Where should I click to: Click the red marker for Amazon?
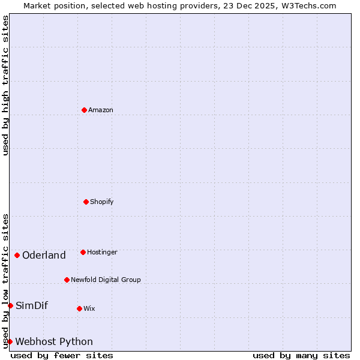click(x=84, y=110)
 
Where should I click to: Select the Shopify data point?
click(x=86, y=202)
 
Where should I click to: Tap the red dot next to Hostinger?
click(x=83, y=252)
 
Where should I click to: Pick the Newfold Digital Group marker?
click(x=67, y=280)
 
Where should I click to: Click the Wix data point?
click(x=79, y=308)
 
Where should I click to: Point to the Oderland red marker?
click(x=17, y=255)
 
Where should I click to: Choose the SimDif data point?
click(x=10, y=305)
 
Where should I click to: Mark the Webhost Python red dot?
click(x=10, y=341)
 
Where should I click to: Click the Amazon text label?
click(x=101, y=110)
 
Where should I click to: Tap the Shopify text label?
click(x=102, y=202)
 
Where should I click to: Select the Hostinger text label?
click(x=102, y=252)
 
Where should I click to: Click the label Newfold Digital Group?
click(x=106, y=280)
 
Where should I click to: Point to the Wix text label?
click(x=89, y=308)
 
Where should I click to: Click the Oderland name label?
click(x=44, y=255)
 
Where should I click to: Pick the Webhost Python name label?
click(x=54, y=341)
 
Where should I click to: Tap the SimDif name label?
click(x=32, y=305)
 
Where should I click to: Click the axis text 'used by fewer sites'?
click(x=62, y=355)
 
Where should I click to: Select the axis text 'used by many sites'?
click(x=301, y=355)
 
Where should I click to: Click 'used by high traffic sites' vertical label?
click(x=5, y=85)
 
